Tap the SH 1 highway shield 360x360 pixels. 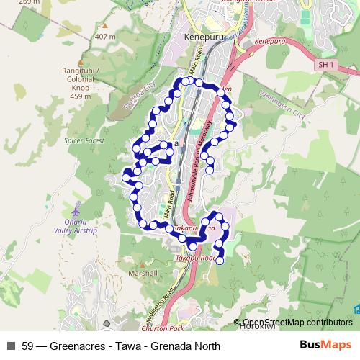[x=326, y=65]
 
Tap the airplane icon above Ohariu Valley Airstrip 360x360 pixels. [x=70, y=213]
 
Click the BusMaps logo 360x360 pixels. [x=325, y=346]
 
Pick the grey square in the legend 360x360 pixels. [x=11, y=346]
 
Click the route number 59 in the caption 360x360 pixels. [x=28, y=346]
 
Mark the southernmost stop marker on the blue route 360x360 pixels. [x=220, y=262]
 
